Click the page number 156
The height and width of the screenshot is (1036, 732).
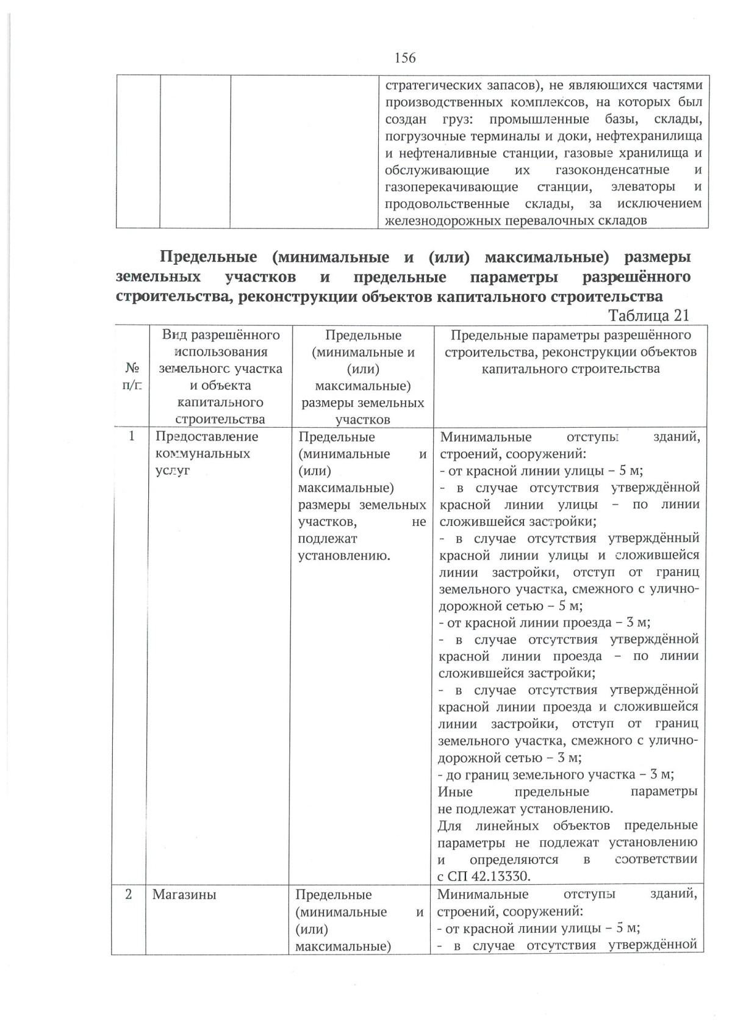(405, 58)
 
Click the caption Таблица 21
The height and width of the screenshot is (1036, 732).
(648, 315)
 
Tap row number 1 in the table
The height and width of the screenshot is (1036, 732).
(132, 436)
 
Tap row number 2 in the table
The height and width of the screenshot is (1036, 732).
(129, 894)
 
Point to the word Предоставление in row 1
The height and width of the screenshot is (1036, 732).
(207, 436)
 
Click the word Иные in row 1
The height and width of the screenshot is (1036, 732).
(455, 791)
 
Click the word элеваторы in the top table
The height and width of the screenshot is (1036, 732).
(642, 187)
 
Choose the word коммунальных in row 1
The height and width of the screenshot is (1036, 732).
(203, 453)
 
